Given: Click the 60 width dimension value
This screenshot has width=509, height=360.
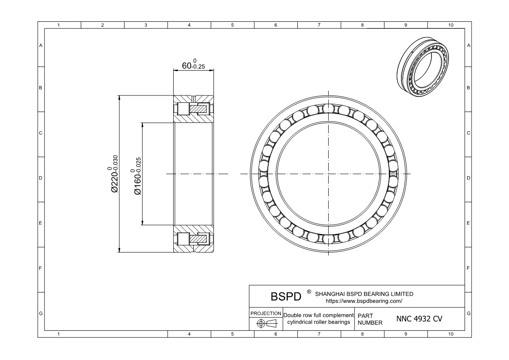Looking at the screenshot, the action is click(193, 65).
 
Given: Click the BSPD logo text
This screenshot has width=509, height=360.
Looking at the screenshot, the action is click(286, 296).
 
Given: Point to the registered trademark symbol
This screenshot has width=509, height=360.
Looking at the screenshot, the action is click(309, 292).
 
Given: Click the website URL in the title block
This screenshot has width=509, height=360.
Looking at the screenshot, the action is click(364, 301).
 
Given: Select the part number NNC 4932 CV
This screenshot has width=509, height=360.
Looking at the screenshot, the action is click(419, 319).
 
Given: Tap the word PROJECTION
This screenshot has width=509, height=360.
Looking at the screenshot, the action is click(266, 313).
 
